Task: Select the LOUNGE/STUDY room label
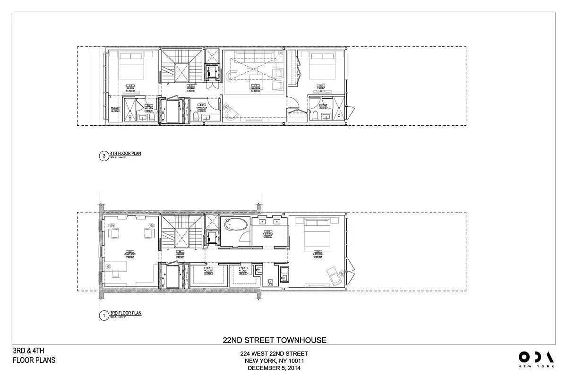coord(129,254)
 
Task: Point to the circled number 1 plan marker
coord(103,315)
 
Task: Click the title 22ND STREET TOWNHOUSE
coord(275,340)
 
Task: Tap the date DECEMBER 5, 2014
coord(274,368)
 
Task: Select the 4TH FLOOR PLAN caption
coord(125,153)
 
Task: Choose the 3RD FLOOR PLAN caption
coord(125,313)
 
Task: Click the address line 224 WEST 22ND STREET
coord(274,353)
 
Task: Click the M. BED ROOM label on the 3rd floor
coord(318,254)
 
